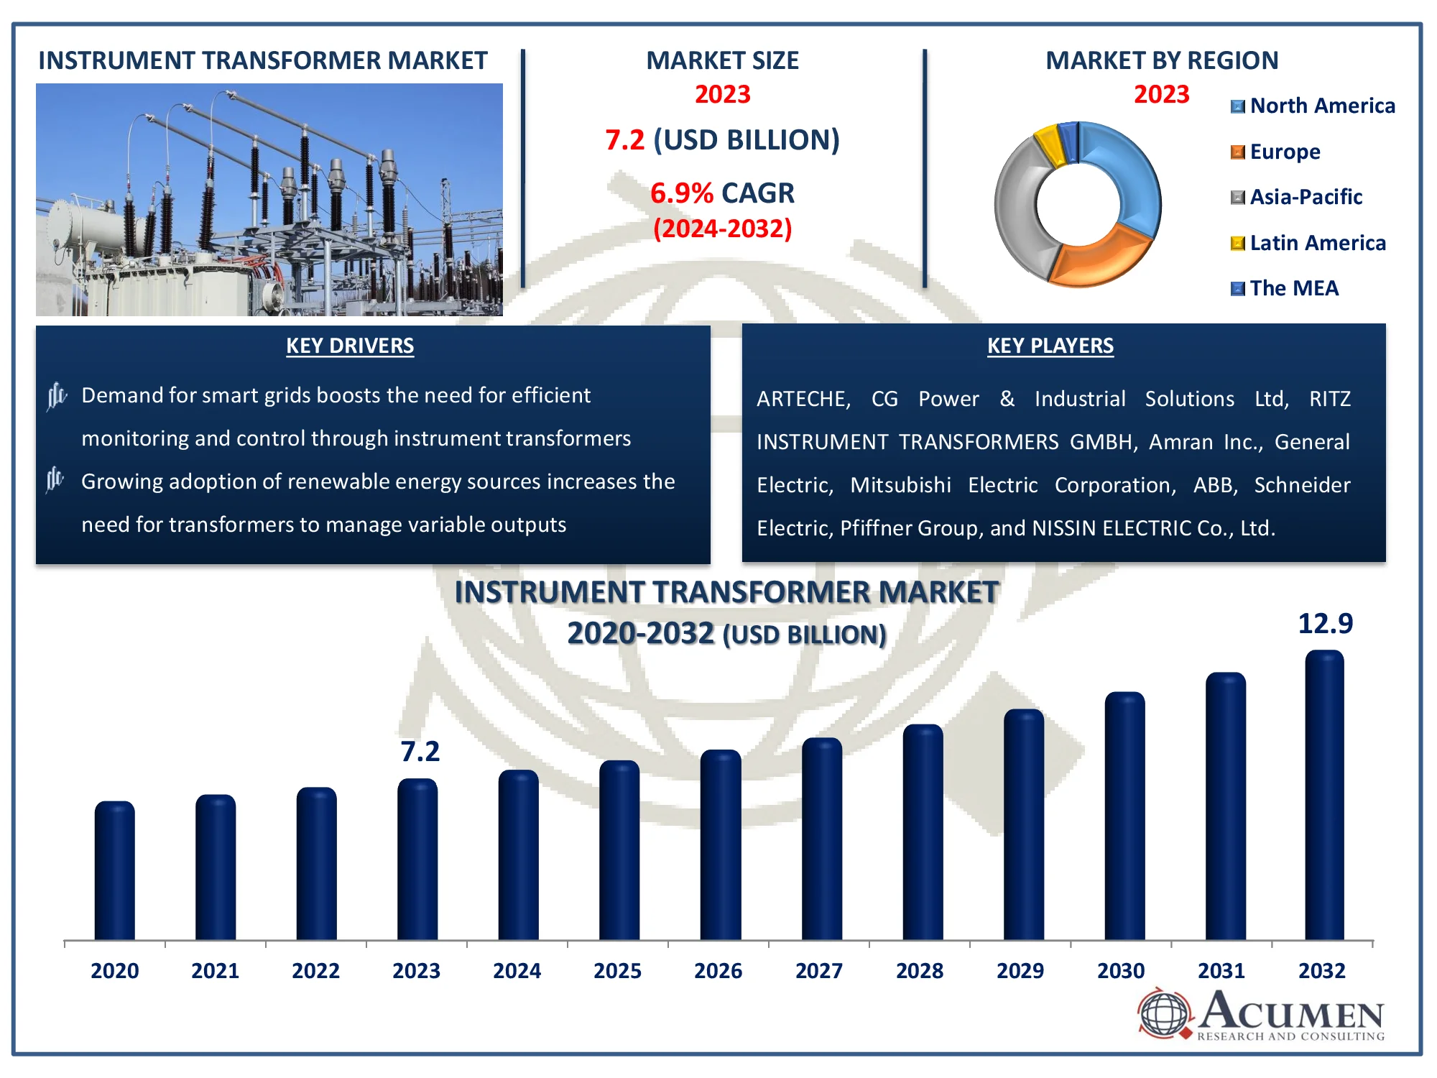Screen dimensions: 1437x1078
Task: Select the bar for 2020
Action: point(115,870)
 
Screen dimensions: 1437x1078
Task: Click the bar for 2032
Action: point(1324,795)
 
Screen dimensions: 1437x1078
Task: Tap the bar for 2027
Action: point(822,839)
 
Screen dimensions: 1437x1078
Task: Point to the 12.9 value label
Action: point(1325,623)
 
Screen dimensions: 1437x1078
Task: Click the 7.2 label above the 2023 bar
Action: point(420,751)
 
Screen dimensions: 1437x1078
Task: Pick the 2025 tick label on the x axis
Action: point(618,971)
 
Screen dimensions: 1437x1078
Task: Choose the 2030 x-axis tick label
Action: point(1121,971)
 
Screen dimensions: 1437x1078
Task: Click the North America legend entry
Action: point(1313,106)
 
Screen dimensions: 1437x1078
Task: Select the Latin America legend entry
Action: point(1308,243)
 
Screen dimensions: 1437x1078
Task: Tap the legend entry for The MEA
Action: point(1285,288)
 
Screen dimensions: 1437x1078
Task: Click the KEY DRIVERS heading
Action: point(350,346)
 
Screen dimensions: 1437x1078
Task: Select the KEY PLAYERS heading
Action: point(1050,346)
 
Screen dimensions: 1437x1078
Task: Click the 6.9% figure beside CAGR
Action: point(682,193)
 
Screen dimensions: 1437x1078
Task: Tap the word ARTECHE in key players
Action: point(803,399)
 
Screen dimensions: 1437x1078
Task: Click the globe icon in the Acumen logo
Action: point(1165,1013)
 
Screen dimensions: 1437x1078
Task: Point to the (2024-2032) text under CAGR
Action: point(723,229)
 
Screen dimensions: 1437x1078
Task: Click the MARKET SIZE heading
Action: point(723,60)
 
